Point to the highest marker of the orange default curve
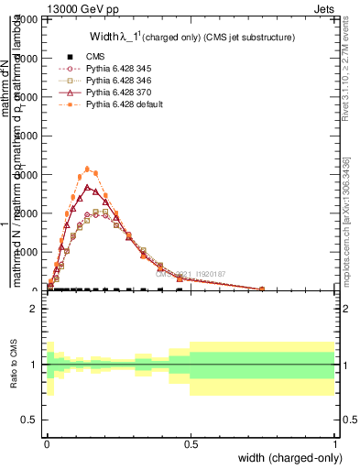click(x=87, y=169)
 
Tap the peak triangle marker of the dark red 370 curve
click(x=87, y=187)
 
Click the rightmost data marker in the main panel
click(x=262, y=289)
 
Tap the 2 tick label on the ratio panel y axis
click(x=33, y=310)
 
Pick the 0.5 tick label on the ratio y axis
click(x=29, y=420)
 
